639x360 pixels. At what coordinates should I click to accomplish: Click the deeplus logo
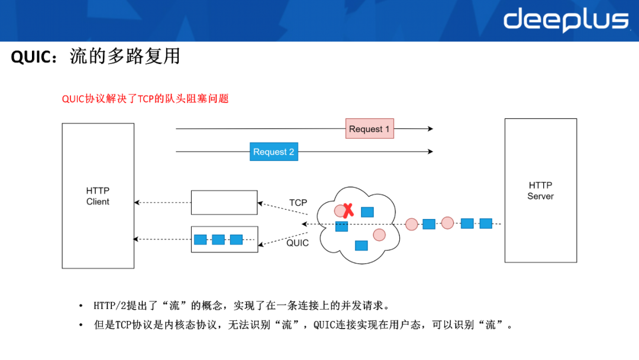pos(566,20)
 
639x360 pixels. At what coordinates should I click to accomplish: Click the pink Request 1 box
pos(370,129)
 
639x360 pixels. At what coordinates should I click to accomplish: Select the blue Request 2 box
pos(274,152)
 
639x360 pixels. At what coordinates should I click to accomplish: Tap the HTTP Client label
pos(98,196)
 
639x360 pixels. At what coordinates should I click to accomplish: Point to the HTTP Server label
pos(540,191)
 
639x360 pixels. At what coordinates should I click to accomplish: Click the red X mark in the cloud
pos(348,210)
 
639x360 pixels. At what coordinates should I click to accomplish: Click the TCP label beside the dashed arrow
pos(298,202)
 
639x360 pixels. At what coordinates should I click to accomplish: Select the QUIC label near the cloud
pos(298,243)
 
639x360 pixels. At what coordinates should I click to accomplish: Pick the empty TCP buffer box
pos(224,202)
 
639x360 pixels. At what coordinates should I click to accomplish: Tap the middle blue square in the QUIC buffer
pos(218,239)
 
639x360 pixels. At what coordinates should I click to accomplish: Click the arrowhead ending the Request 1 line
pos(430,129)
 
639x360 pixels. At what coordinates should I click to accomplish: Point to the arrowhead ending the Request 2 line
pos(430,152)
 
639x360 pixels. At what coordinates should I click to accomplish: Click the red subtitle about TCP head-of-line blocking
pos(145,99)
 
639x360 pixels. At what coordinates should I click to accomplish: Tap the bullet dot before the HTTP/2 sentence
pos(80,306)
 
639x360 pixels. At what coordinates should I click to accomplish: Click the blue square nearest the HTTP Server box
pos(486,223)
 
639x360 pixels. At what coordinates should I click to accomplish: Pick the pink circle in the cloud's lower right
pos(379,235)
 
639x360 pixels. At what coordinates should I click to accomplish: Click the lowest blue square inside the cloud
pos(362,246)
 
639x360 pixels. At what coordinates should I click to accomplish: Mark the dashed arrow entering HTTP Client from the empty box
pos(163,202)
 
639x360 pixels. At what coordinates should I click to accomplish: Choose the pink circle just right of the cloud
pos(412,224)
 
